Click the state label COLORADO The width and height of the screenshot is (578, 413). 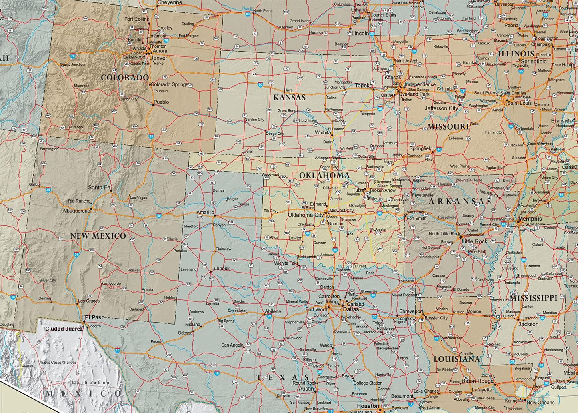(x=124, y=78)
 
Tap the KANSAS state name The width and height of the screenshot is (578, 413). (x=289, y=98)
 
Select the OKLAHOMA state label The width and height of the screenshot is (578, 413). (x=324, y=176)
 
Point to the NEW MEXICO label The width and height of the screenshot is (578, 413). (x=98, y=236)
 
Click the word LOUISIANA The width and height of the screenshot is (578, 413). (x=456, y=359)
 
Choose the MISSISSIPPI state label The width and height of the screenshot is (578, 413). (x=533, y=298)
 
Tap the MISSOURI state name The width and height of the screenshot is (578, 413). (x=448, y=127)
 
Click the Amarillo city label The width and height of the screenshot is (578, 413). (x=205, y=213)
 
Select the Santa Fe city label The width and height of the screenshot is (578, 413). (x=99, y=187)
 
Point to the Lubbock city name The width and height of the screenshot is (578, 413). (x=220, y=268)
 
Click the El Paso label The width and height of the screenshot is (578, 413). (x=94, y=317)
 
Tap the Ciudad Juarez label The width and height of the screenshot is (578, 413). (x=64, y=329)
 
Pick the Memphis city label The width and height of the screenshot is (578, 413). (x=530, y=219)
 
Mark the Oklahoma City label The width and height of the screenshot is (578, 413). (x=306, y=215)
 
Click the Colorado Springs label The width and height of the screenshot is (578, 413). (x=169, y=84)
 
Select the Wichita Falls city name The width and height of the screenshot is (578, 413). (x=286, y=263)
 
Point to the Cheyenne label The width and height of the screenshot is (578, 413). (x=170, y=2)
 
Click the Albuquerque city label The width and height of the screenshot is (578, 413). (x=76, y=211)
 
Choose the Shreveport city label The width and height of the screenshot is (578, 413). (x=411, y=311)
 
